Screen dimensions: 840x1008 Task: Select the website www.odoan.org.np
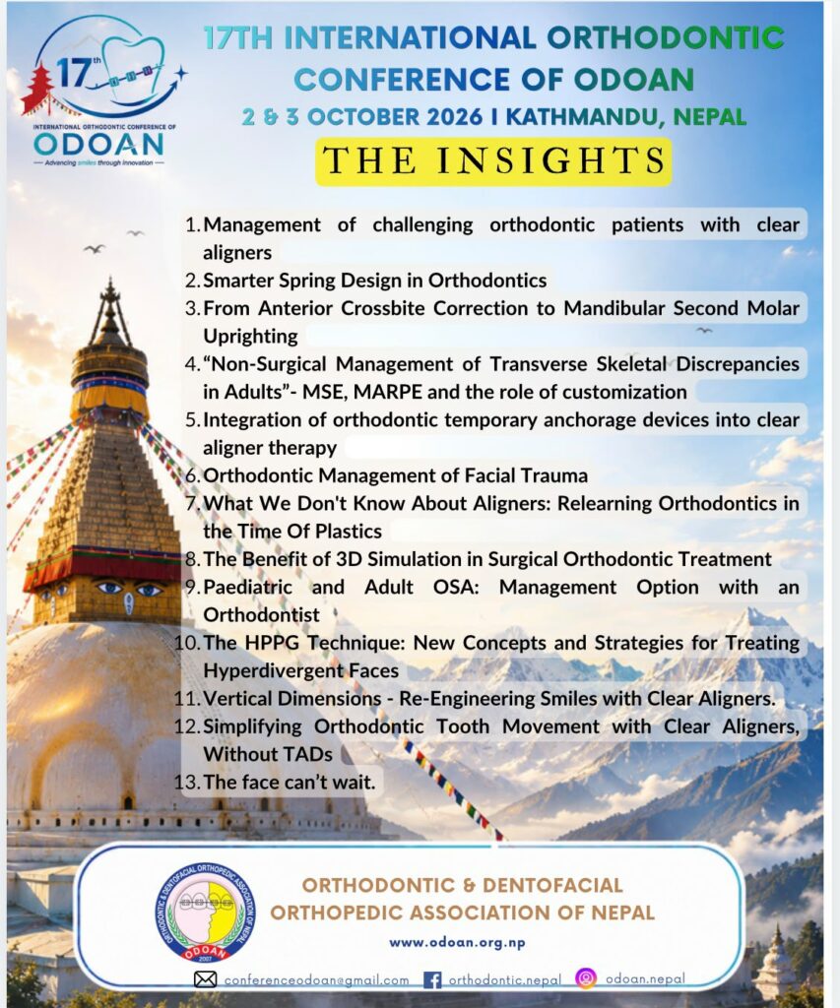(x=457, y=942)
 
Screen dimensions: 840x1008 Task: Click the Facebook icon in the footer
(x=432, y=979)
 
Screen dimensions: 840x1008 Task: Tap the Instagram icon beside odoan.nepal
(x=585, y=977)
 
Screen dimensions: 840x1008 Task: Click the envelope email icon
(x=205, y=979)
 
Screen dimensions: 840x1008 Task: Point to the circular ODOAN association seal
(x=205, y=913)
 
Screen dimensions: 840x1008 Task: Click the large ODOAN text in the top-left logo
(x=98, y=144)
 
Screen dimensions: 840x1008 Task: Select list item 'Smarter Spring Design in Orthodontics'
(x=375, y=281)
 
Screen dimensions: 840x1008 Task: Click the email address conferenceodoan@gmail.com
(x=316, y=979)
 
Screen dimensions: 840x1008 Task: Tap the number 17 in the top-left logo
(x=72, y=72)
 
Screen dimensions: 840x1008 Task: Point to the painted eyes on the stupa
(x=129, y=589)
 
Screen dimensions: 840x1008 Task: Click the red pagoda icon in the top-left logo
(x=38, y=89)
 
